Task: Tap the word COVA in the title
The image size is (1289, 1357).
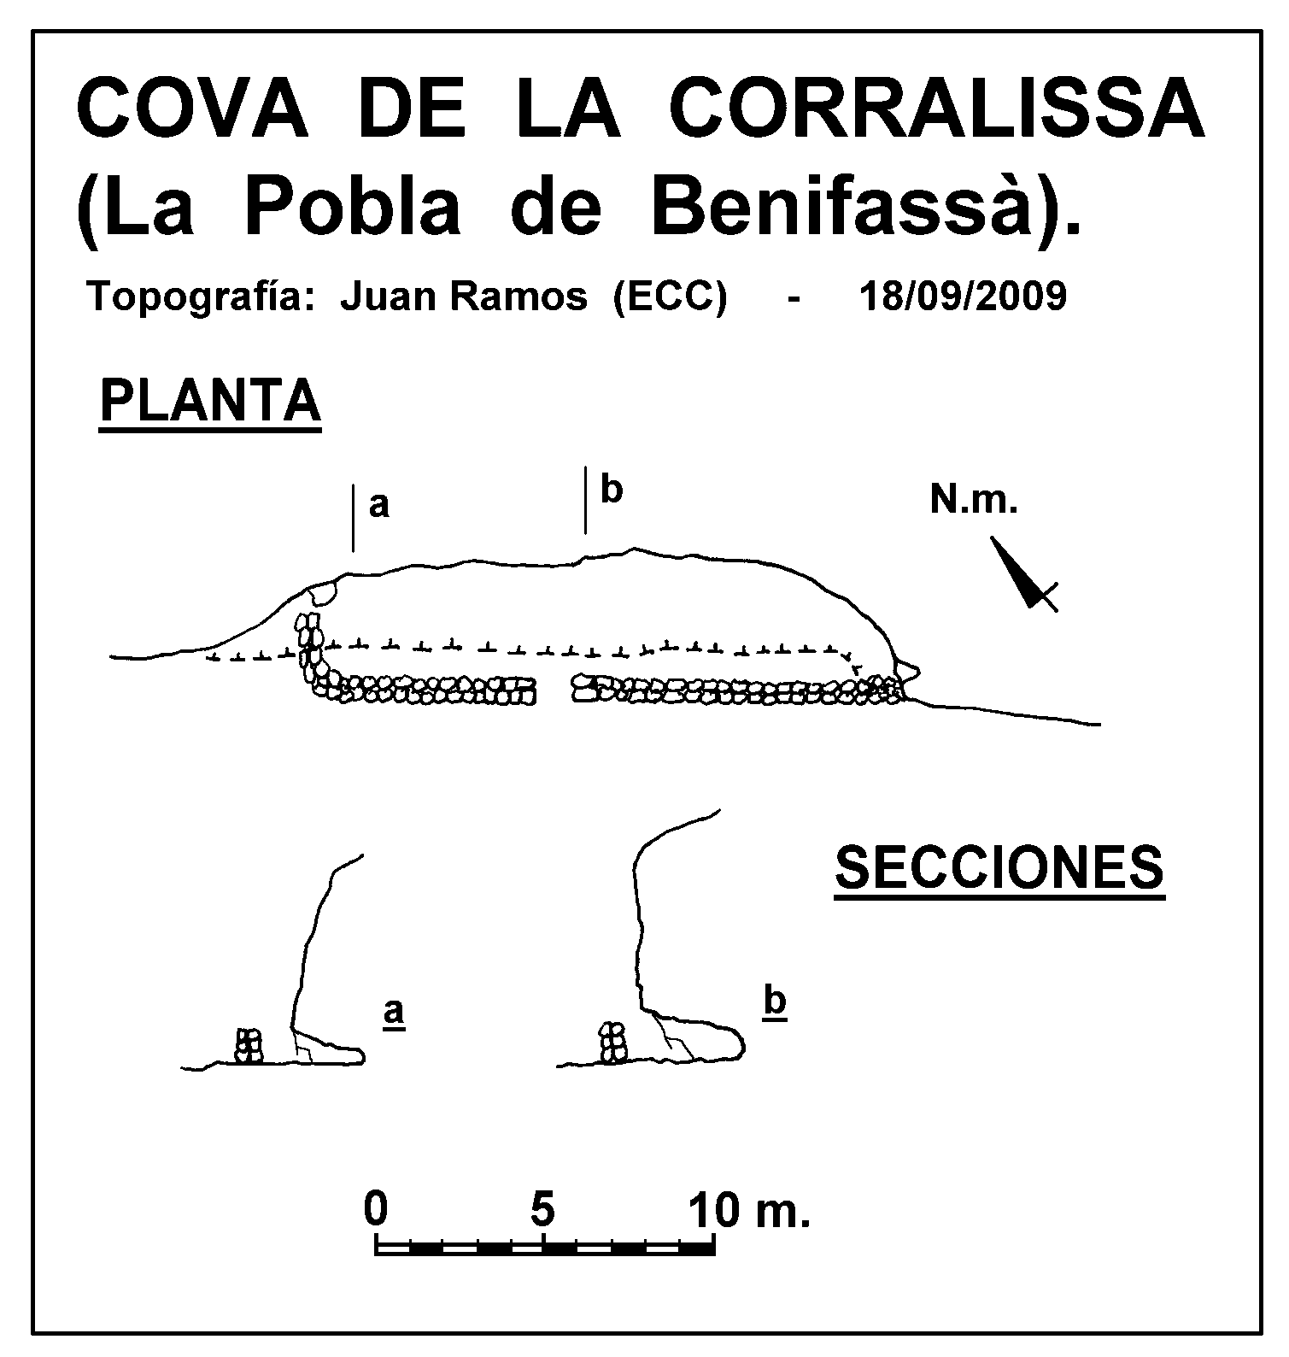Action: [x=193, y=109]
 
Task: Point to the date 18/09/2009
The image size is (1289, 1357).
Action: [x=963, y=297]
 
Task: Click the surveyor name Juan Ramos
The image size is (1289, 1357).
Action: [x=464, y=297]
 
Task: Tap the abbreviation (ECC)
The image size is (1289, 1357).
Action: [x=670, y=297]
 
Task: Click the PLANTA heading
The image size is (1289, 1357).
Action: [x=210, y=402]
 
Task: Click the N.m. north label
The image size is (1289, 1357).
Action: [x=974, y=501]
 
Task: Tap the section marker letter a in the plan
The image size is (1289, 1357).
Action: [x=378, y=506]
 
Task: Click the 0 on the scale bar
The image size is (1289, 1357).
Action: [x=376, y=1209]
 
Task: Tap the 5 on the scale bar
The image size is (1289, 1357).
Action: [x=543, y=1209]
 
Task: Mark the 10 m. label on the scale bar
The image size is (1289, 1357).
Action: [x=750, y=1209]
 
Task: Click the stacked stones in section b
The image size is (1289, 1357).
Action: [x=612, y=1043]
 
